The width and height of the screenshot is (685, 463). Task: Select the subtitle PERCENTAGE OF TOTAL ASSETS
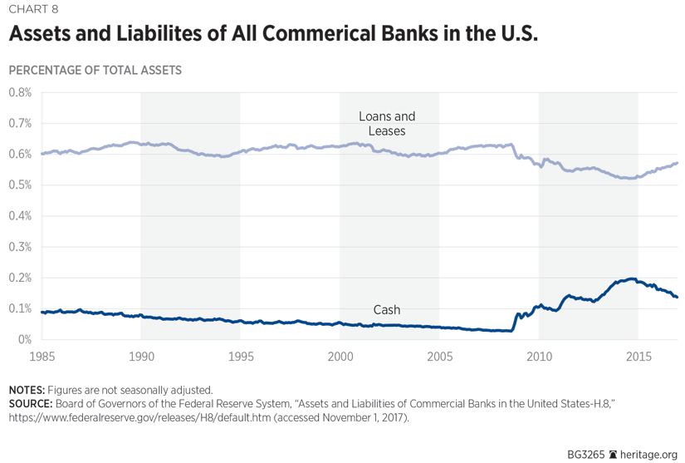[95, 71]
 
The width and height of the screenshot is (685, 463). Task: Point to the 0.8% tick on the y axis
[20, 92]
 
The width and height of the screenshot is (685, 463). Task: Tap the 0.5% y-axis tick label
[20, 185]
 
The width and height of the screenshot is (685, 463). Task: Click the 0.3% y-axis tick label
[20, 247]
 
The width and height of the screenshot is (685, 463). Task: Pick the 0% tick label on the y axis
[25, 339]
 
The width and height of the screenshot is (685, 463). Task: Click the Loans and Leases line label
[387, 124]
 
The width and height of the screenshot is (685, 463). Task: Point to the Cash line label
[387, 310]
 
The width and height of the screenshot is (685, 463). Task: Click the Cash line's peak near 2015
[630, 279]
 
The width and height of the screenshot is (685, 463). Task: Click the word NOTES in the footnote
[26, 390]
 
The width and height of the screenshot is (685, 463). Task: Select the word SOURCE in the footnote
[30, 404]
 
